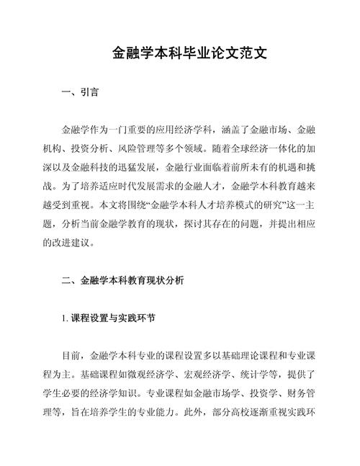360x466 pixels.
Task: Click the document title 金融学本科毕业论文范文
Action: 180,54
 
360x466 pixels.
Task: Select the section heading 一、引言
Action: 81,93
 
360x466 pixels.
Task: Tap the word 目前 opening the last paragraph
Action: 73,357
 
